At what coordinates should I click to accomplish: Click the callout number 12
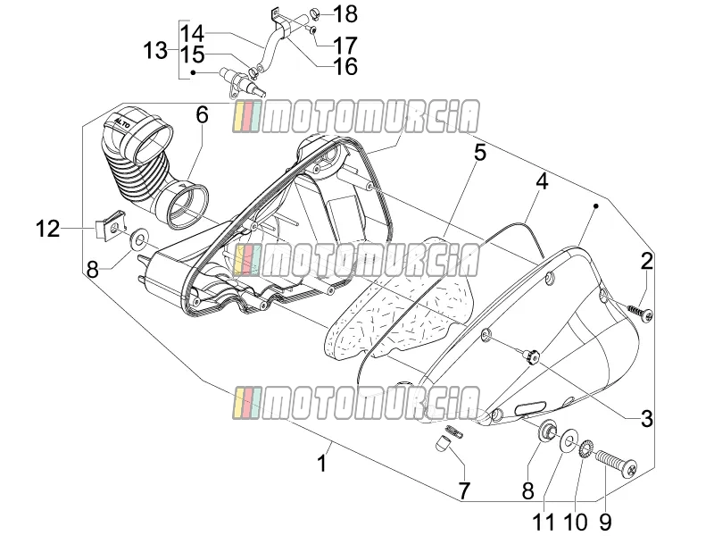tap(48, 228)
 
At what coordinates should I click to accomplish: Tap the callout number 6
tap(203, 115)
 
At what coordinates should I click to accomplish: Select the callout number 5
tap(480, 153)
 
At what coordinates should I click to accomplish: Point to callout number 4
tap(542, 181)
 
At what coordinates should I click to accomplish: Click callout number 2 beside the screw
tap(646, 261)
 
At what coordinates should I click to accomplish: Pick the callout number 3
tap(646, 418)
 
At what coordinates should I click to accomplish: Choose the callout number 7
tap(463, 490)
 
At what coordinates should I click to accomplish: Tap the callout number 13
tap(155, 50)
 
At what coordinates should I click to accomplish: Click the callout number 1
tap(322, 464)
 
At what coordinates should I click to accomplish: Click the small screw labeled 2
tap(641, 312)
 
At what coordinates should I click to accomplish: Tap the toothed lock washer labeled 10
tap(586, 448)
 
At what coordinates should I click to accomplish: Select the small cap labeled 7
tap(441, 443)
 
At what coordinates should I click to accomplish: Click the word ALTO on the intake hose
tap(122, 123)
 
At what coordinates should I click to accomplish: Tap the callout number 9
tap(605, 522)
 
